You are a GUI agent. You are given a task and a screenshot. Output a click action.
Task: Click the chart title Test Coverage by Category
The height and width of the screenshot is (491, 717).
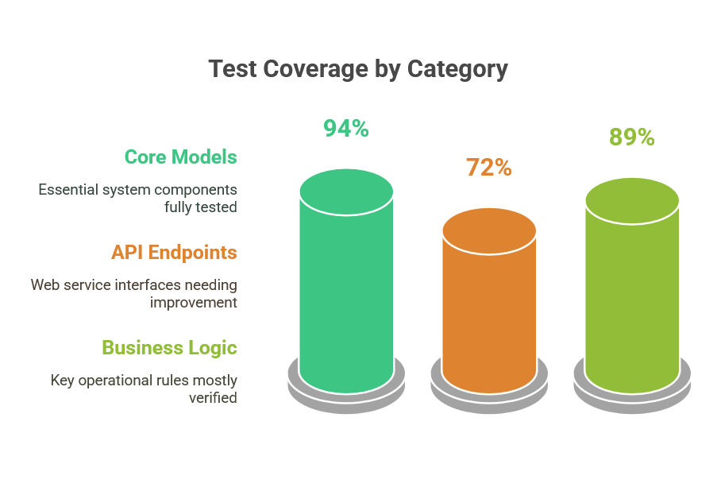click(358, 70)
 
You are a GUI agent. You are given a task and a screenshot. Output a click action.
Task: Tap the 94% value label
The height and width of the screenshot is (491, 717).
click(346, 128)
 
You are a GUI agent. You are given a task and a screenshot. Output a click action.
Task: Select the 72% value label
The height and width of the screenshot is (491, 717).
click(489, 168)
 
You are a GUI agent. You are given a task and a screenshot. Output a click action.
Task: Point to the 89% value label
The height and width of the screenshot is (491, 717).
click(632, 137)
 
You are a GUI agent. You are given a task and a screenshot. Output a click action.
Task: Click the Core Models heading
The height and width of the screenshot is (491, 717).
click(180, 157)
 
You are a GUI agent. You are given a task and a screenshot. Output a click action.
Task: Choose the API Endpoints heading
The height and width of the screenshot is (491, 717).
click(174, 252)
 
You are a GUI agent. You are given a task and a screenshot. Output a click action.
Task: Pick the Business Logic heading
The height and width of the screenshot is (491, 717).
click(170, 348)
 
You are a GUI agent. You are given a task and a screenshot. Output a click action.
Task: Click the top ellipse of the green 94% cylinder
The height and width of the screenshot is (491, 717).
click(346, 192)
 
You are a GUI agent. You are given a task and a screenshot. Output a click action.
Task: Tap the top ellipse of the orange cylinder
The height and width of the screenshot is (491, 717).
click(489, 231)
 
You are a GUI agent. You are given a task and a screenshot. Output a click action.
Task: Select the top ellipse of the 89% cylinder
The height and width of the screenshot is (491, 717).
click(632, 201)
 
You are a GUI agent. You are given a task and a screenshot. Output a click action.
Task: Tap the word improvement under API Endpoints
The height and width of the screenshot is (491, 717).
click(194, 303)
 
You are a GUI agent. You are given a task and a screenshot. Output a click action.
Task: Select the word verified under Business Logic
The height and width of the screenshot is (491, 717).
click(213, 398)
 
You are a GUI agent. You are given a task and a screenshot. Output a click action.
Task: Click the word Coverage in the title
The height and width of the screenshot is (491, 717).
click(315, 70)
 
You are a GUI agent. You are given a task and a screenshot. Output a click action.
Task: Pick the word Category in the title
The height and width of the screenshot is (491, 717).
click(457, 70)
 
